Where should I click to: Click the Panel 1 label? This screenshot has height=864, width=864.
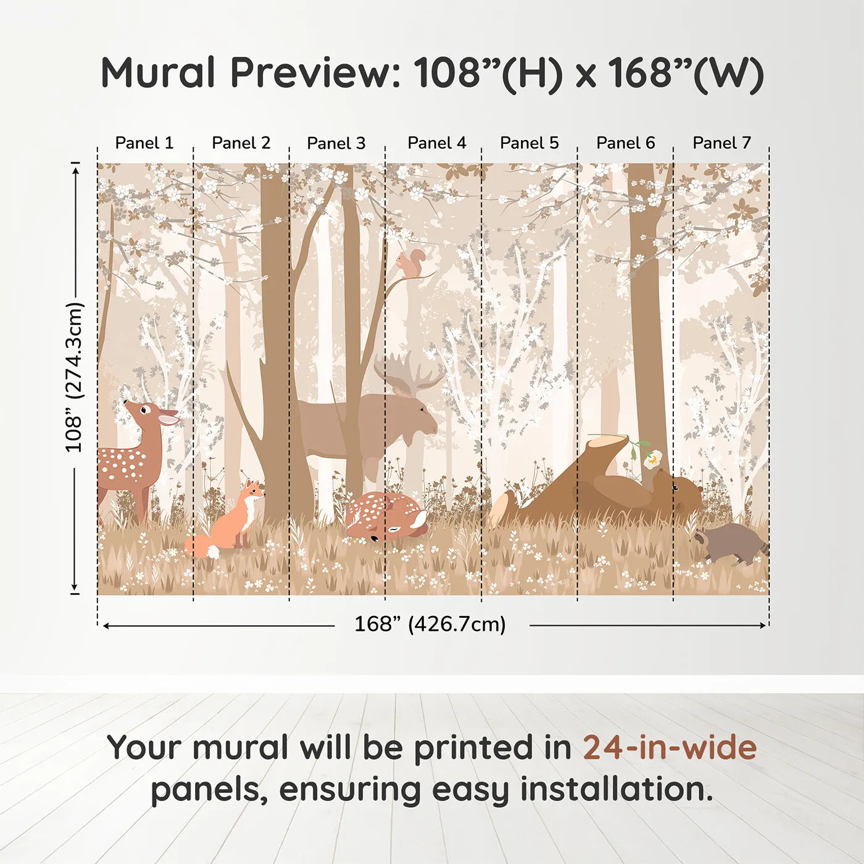(x=144, y=143)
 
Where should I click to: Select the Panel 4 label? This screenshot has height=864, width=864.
(x=436, y=143)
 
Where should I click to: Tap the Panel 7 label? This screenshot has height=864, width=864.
(x=721, y=143)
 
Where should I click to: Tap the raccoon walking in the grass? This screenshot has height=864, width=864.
(x=732, y=543)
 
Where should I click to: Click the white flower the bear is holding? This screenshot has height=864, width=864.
(x=652, y=459)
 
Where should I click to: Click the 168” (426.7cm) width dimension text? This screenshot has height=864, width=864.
(x=430, y=625)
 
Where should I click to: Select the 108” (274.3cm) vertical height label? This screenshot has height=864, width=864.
(x=74, y=378)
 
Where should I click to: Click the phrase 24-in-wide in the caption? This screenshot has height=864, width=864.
(x=669, y=748)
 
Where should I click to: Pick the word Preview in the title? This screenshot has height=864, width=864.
(x=315, y=73)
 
